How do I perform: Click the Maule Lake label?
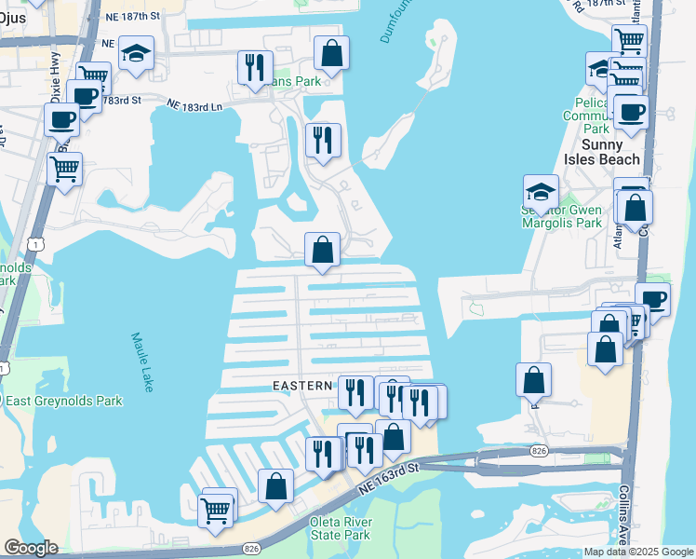[x=141, y=362]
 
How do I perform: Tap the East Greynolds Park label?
[x=64, y=402]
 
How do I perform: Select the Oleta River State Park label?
[x=339, y=527]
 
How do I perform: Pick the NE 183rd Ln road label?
[x=196, y=107]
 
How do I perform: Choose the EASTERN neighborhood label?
[x=302, y=385]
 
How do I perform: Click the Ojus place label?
[x=14, y=18]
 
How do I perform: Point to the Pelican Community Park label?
[x=585, y=116]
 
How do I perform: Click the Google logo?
[x=31, y=548]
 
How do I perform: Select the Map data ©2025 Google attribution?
[x=638, y=552]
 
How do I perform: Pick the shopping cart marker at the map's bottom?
[x=216, y=509]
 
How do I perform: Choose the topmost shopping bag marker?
[x=331, y=53]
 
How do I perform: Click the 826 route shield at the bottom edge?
[x=250, y=550]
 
